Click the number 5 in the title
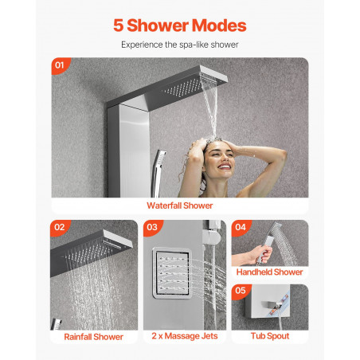point(118,25)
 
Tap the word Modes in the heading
point(219,25)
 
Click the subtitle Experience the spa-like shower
point(180,45)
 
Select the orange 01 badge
point(61,65)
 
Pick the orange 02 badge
point(60,227)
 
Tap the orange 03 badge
point(153,227)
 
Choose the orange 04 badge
point(241,227)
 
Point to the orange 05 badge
point(241,291)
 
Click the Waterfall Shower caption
point(180,205)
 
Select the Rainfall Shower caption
point(93,337)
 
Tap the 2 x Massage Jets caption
point(185,336)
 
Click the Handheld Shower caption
point(269,272)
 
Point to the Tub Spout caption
point(270,336)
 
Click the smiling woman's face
point(220,158)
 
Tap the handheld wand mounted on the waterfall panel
point(158,173)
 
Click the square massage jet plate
point(172,273)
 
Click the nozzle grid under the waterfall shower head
point(183,88)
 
